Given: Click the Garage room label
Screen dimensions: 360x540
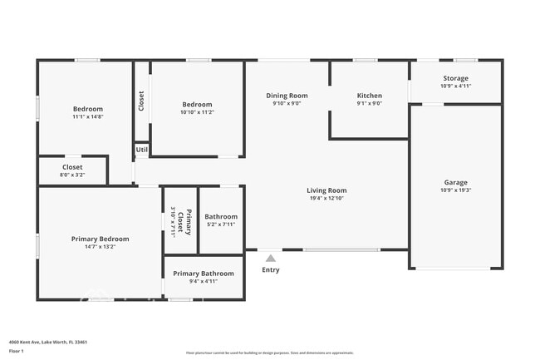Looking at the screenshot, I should coord(455,182).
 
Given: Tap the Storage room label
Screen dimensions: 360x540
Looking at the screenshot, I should coord(455,78).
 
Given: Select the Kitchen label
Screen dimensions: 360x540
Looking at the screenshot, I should coord(369,96).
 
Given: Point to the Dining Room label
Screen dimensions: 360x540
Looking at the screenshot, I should coord(287,96).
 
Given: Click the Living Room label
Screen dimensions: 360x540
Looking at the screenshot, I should coord(326,190).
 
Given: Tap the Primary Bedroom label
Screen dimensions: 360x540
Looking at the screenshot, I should coord(100,239).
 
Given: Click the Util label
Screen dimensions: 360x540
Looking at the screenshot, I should coord(142,150).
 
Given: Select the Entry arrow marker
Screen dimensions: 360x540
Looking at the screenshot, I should coord(270,258).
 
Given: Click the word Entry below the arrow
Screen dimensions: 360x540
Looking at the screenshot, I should coord(271,269).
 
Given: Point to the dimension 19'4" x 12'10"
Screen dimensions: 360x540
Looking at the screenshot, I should coord(326,199).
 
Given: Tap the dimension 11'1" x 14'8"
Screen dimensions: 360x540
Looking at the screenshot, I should coord(87,117).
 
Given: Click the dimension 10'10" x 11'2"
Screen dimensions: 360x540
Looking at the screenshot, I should coord(198,112).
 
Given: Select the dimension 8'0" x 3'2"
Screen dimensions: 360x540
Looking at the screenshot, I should coord(72,175).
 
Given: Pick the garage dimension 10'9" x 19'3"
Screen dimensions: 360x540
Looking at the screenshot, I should coord(455,190).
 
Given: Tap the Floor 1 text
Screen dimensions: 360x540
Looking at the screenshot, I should coord(17,352).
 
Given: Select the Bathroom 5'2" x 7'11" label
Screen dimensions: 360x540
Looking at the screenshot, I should coord(221,220).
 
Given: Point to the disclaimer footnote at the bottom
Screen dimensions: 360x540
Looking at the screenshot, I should coord(269,353).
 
